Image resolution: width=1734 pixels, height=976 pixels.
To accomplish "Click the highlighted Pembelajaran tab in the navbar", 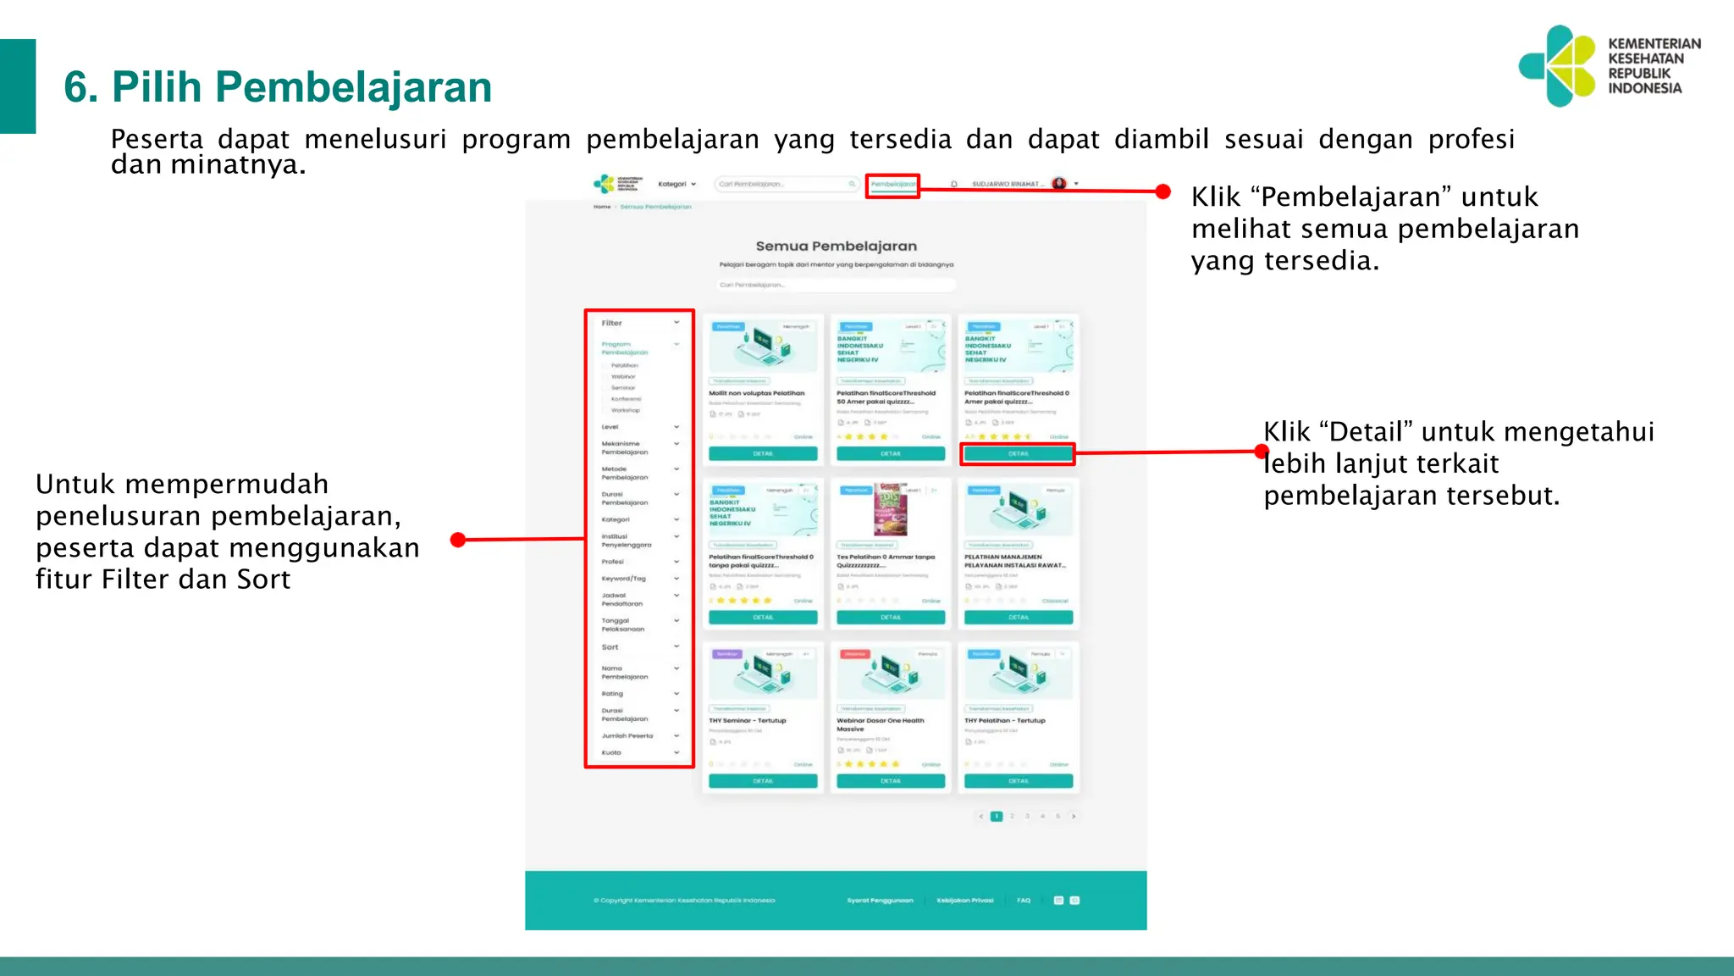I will tap(892, 185).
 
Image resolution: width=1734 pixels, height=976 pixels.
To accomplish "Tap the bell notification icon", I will tap(954, 184).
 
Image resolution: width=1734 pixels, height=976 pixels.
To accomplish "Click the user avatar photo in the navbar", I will tap(1058, 184).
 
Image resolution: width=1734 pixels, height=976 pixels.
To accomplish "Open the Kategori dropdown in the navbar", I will tap(676, 184).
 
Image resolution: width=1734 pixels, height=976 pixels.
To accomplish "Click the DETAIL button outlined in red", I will tap(1018, 454).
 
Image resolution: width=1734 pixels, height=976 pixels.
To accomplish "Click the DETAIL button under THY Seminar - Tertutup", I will tap(763, 781).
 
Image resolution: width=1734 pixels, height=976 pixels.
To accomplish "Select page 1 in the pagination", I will tap(997, 817).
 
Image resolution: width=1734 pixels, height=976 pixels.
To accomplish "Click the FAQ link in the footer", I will tap(1024, 901).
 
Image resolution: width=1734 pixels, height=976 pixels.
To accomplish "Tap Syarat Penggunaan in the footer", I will tap(880, 901).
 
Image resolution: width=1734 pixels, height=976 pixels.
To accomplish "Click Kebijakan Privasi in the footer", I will tap(965, 901).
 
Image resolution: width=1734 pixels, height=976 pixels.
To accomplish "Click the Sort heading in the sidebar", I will tap(610, 647).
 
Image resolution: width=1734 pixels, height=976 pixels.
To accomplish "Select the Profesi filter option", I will tap(613, 562).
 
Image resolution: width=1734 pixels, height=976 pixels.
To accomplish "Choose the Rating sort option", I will tap(612, 694).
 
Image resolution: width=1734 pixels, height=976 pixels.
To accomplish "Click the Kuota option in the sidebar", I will tap(611, 752).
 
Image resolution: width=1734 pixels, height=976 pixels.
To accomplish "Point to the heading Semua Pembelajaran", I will tap(836, 247).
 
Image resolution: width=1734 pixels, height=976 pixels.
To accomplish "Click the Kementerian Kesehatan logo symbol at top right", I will tap(1558, 66).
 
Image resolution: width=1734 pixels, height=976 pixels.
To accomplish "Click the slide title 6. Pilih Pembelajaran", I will tap(278, 87).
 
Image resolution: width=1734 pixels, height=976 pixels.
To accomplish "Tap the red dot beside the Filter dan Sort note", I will tap(458, 540).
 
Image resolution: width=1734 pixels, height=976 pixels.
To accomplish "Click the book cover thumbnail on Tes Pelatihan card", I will tap(890, 509).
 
